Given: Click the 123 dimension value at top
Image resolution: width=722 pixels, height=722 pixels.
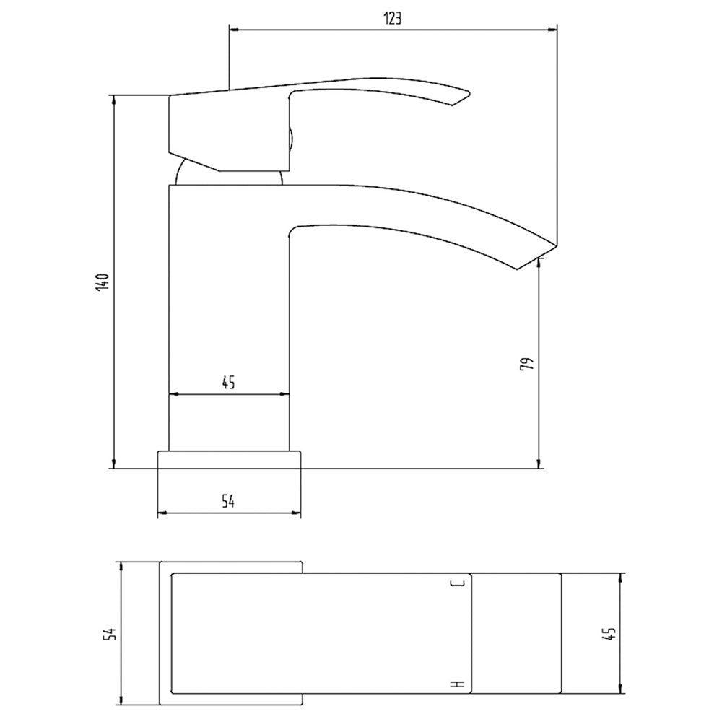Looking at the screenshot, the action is (x=392, y=19).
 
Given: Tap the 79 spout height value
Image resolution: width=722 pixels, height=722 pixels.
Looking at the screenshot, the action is (x=529, y=364).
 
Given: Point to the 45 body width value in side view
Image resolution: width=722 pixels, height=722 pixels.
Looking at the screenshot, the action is (x=228, y=382).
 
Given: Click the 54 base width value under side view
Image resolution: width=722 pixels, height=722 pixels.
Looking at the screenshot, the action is (x=228, y=501).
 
